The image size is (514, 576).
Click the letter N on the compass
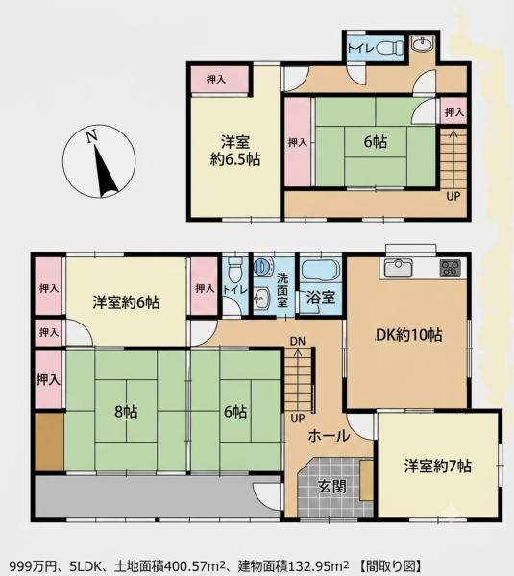pyautogui.click(x=91, y=136)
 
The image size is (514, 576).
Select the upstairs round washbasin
pyautogui.click(x=423, y=45)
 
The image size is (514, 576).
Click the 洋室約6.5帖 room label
pyautogui.click(x=235, y=151)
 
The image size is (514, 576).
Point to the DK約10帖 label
pyautogui.click(x=408, y=335)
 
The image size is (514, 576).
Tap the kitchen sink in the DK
pyautogui.click(x=398, y=268)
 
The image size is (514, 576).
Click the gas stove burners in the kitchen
pyautogui.click(x=451, y=268)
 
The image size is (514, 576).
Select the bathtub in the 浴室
pyautogui.click(x=321, y=271)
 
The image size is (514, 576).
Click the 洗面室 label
pyautogui.click(x=282, y=290)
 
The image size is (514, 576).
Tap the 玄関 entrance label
pyautogui.click(x=332, y=487)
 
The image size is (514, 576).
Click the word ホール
pyautogui.click(x=329, y=436)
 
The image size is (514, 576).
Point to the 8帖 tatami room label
pyautogui.click(x=126, y=412)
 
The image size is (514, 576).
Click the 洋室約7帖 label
pyautogui.click(x=437, y=466)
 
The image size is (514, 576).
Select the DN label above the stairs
pyautogui.click(x=298, y=341)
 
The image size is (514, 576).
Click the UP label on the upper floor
pyautogui.click(x=453, y=196)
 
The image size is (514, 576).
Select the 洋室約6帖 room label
pyautogui.click(x=126, y=303)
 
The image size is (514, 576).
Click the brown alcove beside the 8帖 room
pyautogui.click(x=49, y=442)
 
